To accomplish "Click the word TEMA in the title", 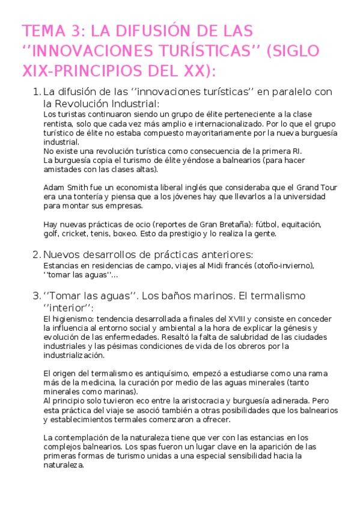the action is coord(41,31).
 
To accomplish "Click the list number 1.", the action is coord(35,93).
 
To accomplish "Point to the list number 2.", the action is coord(35,254).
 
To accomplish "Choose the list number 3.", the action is coord(35,296).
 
